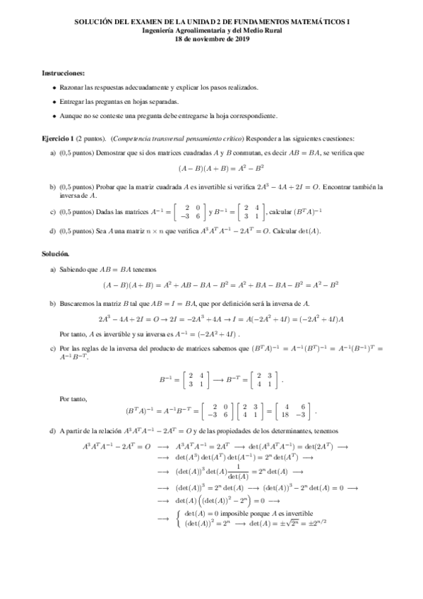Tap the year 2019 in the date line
tap(239, 40)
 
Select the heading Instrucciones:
tap(64, 73)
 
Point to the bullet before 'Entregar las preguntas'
tap(55, 102)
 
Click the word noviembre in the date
tap(208, 40)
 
